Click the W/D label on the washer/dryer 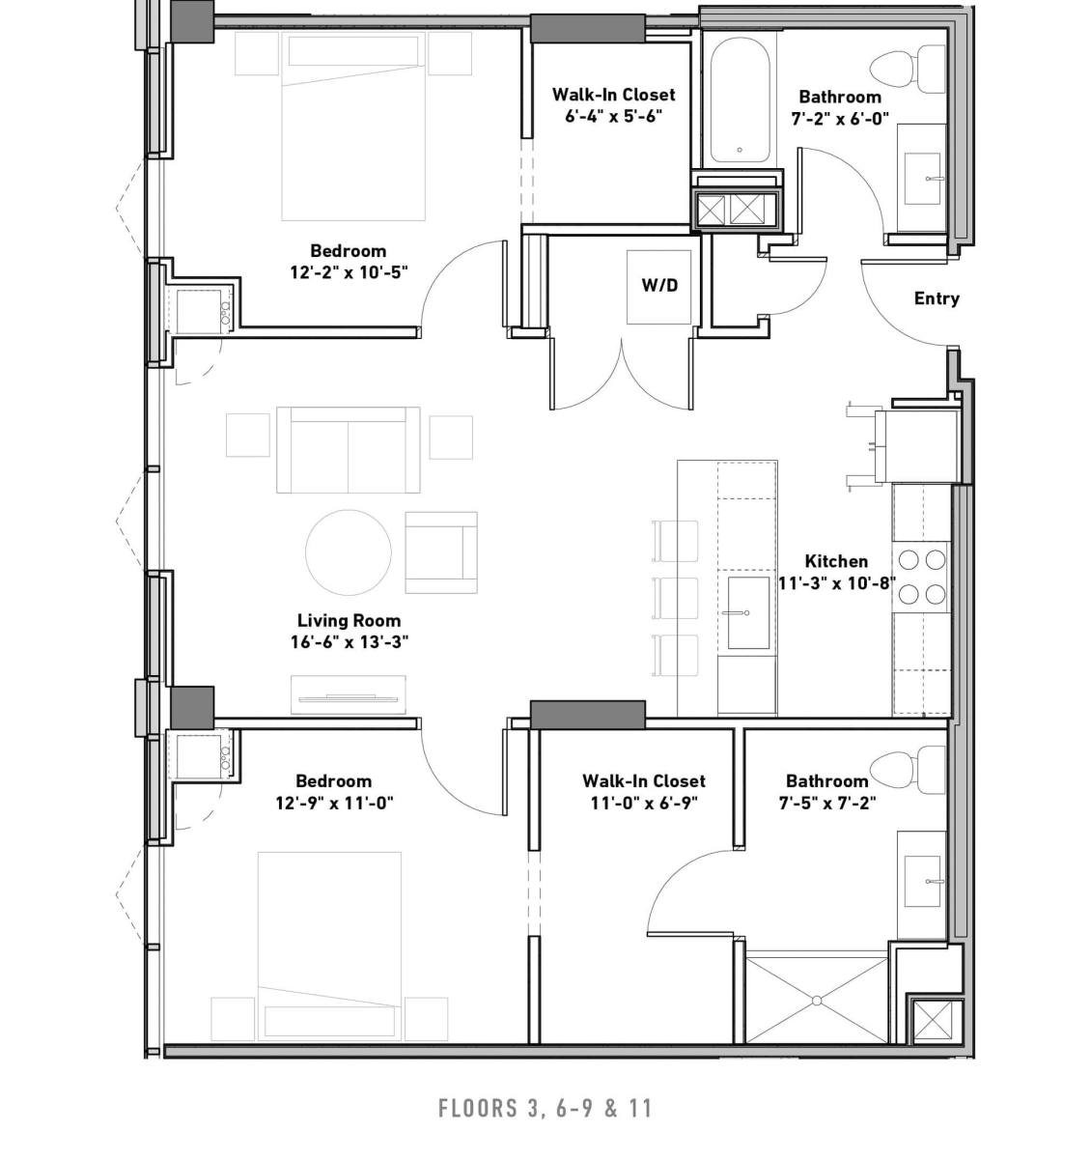[659, 285]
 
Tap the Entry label [937, 298]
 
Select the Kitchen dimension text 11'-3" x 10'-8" [837, 583]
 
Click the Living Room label [349, 620]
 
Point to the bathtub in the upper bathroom [740, 101]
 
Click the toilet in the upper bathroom [908, 71]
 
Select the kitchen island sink [746, 612]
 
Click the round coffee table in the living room [349, 552]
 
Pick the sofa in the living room [349, 450]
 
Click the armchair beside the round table [441, 552]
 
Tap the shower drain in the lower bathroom [817, 1001]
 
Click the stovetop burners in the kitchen [922, 578]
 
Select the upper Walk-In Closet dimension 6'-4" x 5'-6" [614, 117]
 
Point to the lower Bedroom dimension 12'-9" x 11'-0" [335, 804]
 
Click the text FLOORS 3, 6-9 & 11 [545, 1108]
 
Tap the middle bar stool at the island [675, 598]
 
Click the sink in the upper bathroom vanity [922, 179]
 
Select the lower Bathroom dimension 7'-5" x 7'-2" [827, 804]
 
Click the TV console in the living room [349, 694]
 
